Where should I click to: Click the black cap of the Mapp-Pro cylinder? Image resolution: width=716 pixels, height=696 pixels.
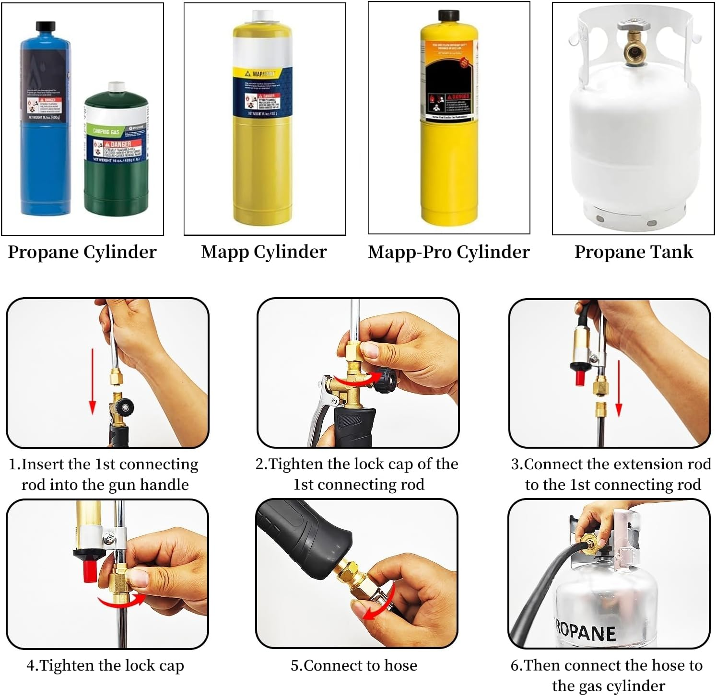tap(448, 15)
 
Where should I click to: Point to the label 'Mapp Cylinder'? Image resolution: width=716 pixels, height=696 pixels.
tap(264, 252)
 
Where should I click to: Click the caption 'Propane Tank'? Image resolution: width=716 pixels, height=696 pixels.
tap(634, 252)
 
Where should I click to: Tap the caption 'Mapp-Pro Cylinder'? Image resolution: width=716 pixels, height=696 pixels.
tap(448, 252)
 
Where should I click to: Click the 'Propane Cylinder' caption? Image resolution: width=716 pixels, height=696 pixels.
tap(82, 252)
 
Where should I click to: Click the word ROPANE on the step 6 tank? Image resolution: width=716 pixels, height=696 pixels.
tap(585, 632)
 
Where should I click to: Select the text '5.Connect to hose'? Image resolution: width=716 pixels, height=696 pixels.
tap(354, 665)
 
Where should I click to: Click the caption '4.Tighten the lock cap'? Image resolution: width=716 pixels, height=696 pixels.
tap(105, 665)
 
